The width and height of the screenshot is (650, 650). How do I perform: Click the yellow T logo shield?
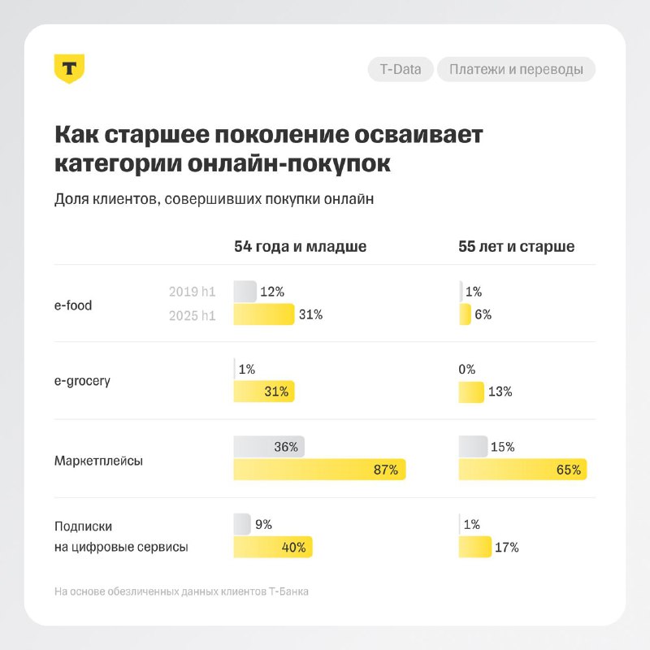tap(69, 68)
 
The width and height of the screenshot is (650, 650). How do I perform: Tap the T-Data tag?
tap(401, 69)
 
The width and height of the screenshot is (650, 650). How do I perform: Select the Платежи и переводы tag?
tap(516, 69)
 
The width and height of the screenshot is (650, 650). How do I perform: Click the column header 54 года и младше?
tap(300, 246)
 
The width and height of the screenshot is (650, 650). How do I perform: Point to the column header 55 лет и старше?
tap(517, 246)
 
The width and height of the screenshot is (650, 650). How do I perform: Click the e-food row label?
tap(73, 305)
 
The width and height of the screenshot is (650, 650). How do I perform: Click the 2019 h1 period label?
tap(193, 292)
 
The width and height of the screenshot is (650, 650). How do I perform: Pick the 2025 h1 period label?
tap(193, 315)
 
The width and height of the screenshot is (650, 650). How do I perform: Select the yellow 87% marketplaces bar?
tap(318, 470)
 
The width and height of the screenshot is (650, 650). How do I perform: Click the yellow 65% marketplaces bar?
tap(522, 470)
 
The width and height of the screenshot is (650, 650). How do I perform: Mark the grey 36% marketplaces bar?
tap(268, 446)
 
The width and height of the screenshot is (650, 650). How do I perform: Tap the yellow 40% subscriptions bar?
tap(272, 547)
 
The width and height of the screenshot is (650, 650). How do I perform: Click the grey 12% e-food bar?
tap(245, 292)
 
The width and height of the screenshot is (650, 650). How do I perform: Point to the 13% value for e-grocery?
tap(500, 392)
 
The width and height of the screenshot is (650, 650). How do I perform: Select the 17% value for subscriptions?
tap(506, 547)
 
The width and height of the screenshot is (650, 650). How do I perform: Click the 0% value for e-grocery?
tap(467, 369)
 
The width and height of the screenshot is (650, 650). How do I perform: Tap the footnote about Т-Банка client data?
tap(181, 591)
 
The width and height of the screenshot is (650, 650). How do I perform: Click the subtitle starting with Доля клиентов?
tap(214, 201)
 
